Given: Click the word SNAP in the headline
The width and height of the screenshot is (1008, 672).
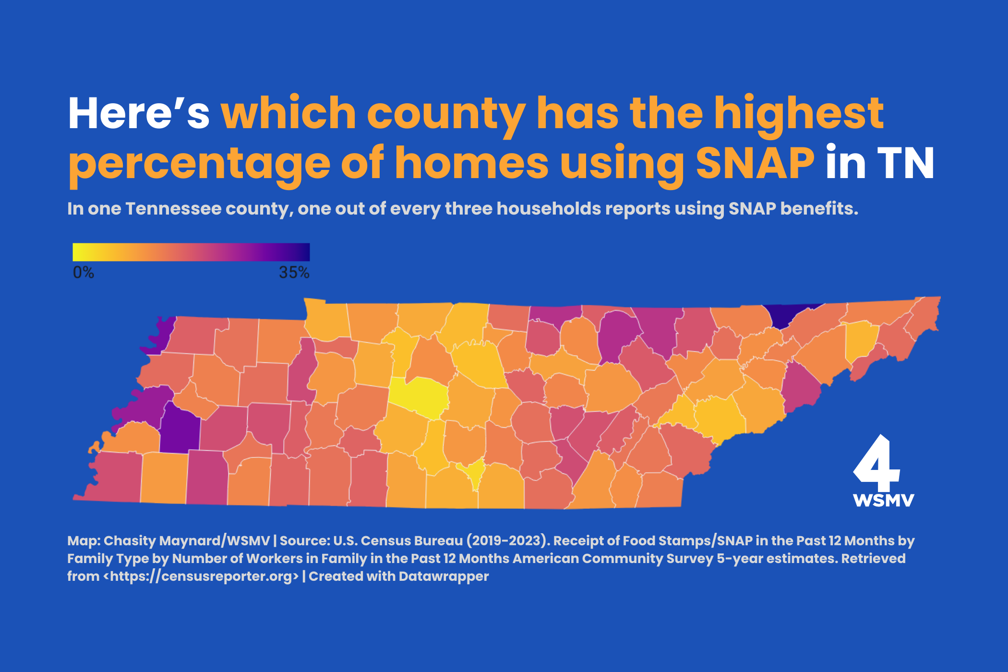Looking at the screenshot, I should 755,163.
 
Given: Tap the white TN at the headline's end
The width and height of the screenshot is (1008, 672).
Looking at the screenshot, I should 905,163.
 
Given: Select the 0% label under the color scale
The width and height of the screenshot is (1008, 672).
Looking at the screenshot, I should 83,273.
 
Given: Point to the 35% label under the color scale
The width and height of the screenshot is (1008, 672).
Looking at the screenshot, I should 294,273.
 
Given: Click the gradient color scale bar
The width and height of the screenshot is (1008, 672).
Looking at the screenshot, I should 191,252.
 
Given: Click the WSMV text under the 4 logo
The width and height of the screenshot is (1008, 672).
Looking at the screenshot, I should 883,500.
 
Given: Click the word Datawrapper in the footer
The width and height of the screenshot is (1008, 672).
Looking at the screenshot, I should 444,576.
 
